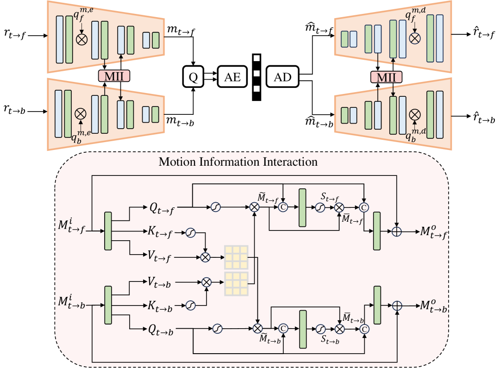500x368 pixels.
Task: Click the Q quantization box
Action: click(194, 77)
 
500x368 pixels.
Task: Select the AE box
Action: click(232, 77)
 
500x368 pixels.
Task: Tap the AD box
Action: click(282, 77)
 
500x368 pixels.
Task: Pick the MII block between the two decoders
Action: click(386, 77)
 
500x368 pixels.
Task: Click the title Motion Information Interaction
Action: click(238, 162)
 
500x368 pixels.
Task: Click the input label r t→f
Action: click(14, 35)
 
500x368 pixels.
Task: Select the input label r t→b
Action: click(14, 111)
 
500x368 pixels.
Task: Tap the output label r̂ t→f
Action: click(484, 35)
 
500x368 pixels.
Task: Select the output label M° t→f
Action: click(433, 232)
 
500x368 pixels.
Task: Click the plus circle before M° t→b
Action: click(397, 306)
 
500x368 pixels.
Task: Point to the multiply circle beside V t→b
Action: click(206, 281)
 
